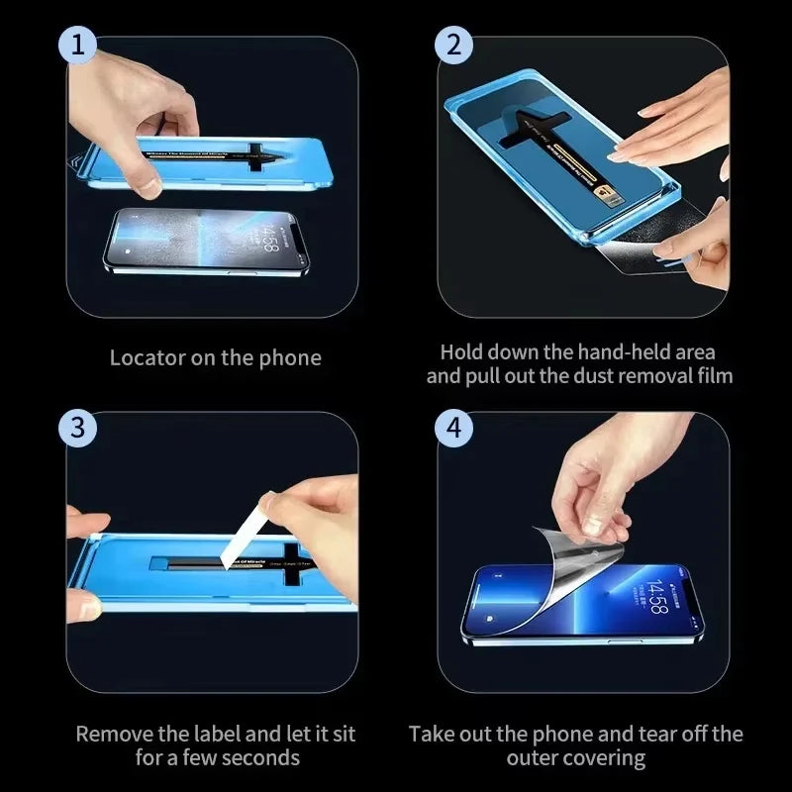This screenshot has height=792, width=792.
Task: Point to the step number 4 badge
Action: pyautogui.click(x=453, y=428)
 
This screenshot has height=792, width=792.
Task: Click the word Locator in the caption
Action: pyautogui.click(x=146, y=357)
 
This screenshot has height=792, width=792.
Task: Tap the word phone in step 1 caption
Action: pyautogui.click(x=290, y=357)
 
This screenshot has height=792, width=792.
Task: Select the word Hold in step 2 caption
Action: pyautogui.click(x=462, y=351)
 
